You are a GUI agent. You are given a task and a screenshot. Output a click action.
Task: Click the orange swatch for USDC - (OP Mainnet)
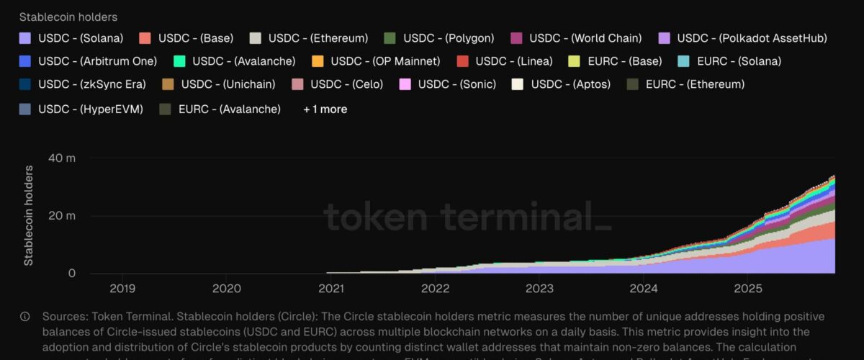(318, 61)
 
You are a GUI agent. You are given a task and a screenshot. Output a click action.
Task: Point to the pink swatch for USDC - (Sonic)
(405, 84)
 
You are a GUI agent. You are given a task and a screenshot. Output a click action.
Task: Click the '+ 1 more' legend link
(325, 109)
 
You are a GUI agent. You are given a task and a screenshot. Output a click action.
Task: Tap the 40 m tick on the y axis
(60, 158)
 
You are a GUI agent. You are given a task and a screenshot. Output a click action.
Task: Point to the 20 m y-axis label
(60, 216)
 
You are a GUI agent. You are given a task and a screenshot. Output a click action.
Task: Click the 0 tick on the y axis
(72, 274)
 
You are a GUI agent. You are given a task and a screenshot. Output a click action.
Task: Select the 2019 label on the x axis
(122, 289)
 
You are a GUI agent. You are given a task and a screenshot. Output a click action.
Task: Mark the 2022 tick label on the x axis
(435, 289)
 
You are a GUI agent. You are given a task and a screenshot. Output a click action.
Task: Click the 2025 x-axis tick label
(747, 289)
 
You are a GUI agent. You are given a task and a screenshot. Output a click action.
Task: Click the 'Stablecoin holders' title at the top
(68, 17)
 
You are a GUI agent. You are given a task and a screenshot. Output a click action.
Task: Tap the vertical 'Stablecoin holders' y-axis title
(29, 215)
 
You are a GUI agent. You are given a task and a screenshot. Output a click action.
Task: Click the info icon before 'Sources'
(25, 317)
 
